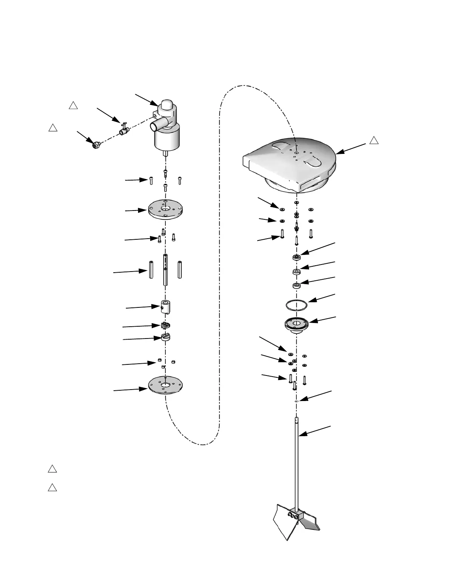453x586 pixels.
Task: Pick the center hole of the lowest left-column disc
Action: click(x=165, y=385)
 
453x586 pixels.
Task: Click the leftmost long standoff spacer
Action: click(x=151, y=270)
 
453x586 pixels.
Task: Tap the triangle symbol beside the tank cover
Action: click(x=374, y=140)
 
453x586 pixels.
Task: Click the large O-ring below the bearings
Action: click(x=296, y=305)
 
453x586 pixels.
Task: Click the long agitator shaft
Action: click(x=297, y=462)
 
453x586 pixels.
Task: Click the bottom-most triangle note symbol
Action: click(x=52, y=487)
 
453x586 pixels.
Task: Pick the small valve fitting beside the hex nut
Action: click(x=123, y=131)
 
